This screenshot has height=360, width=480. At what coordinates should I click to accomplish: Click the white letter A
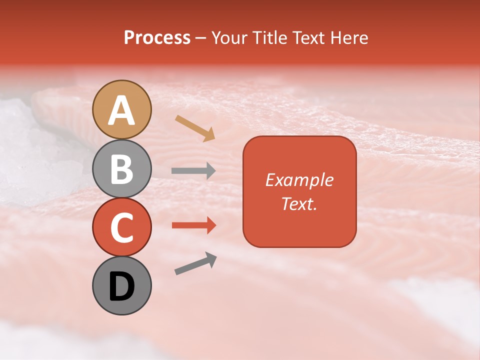pyautogui.click(x=121, y=111)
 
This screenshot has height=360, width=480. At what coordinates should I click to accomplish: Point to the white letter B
pyautogui.click(x=121, y=169)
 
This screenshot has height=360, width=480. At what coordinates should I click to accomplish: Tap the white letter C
pyautogui.click(x=121, y=227)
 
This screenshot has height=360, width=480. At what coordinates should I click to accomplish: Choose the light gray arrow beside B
pyautogui.click(x=193, y=171)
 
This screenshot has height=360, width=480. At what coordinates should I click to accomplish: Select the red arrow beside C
pyautogui.click(x=193, y=225)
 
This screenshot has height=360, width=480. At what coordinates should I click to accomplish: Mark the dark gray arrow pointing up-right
pyautogui.click(x=195, y=263)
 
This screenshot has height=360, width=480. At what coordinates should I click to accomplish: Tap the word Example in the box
pyautogui.click(x=299, y=180)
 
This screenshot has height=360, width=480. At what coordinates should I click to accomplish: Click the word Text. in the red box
pyautogui.click(x=299, y=204)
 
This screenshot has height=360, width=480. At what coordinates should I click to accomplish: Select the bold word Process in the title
pyautogui.click(x=157, y=38)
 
